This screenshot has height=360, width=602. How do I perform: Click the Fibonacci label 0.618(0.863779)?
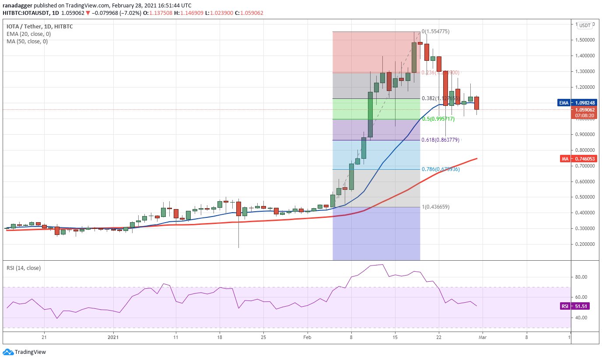tap(441, 140)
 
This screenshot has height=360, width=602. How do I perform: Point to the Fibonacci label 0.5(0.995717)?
tap(438, 119)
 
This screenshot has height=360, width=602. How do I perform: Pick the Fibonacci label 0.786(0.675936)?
tap(441, 169)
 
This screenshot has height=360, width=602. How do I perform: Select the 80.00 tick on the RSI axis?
tap(580, 277)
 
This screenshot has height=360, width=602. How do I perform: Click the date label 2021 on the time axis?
tap(113, 337)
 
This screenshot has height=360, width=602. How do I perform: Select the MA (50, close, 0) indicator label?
tap(27, 42)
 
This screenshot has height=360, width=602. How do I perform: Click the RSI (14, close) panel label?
tap(24, 268)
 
